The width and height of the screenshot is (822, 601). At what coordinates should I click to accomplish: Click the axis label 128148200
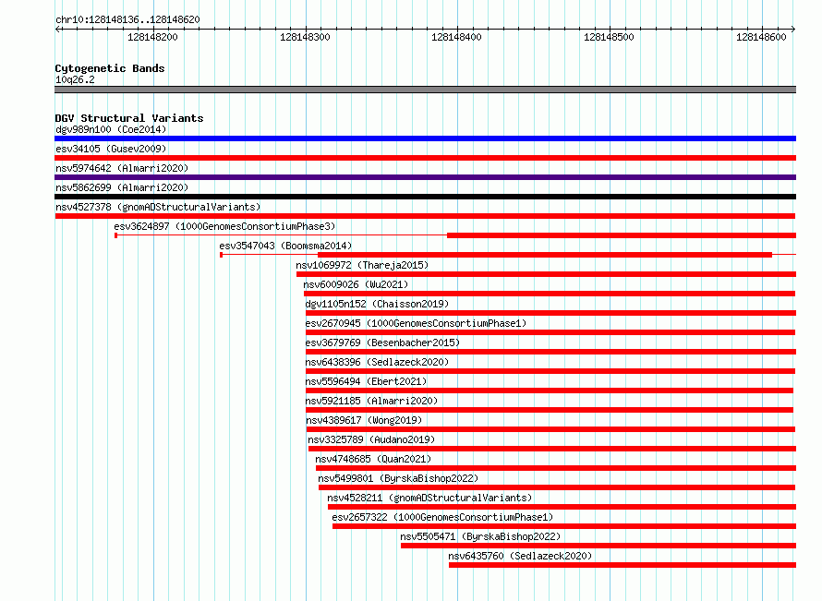152,37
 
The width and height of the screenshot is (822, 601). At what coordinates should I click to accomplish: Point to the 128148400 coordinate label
456,37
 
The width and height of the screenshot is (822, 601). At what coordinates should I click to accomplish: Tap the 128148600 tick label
761,37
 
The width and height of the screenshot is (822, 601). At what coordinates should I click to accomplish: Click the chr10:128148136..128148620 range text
127,20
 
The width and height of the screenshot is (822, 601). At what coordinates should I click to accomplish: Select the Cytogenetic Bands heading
110,68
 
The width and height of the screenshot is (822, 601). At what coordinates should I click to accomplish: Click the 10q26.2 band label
75,79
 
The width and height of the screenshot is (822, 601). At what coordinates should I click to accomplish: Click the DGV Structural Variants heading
129,118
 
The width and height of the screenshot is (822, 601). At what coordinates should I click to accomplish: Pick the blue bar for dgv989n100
425,138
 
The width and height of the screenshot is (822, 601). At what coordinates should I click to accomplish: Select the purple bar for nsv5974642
425,177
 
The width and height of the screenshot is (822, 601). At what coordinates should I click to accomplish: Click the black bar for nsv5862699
425,197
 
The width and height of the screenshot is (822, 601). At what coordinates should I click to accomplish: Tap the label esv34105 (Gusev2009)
111,149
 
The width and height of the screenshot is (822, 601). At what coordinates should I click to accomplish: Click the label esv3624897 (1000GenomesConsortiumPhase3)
224,226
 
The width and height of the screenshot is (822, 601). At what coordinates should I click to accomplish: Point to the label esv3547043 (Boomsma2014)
285,246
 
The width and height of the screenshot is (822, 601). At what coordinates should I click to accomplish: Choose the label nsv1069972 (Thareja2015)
362,265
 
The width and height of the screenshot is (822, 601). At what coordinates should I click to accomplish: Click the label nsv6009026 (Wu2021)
356,284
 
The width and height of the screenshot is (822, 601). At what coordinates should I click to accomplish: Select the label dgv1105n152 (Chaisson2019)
377,304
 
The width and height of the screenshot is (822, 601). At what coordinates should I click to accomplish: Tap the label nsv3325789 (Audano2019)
371,439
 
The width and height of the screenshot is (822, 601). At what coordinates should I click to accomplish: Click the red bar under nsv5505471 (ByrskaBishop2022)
598,546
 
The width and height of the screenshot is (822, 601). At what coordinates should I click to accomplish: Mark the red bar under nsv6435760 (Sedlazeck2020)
623,565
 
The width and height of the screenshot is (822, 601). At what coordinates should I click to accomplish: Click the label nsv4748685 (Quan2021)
373,459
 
